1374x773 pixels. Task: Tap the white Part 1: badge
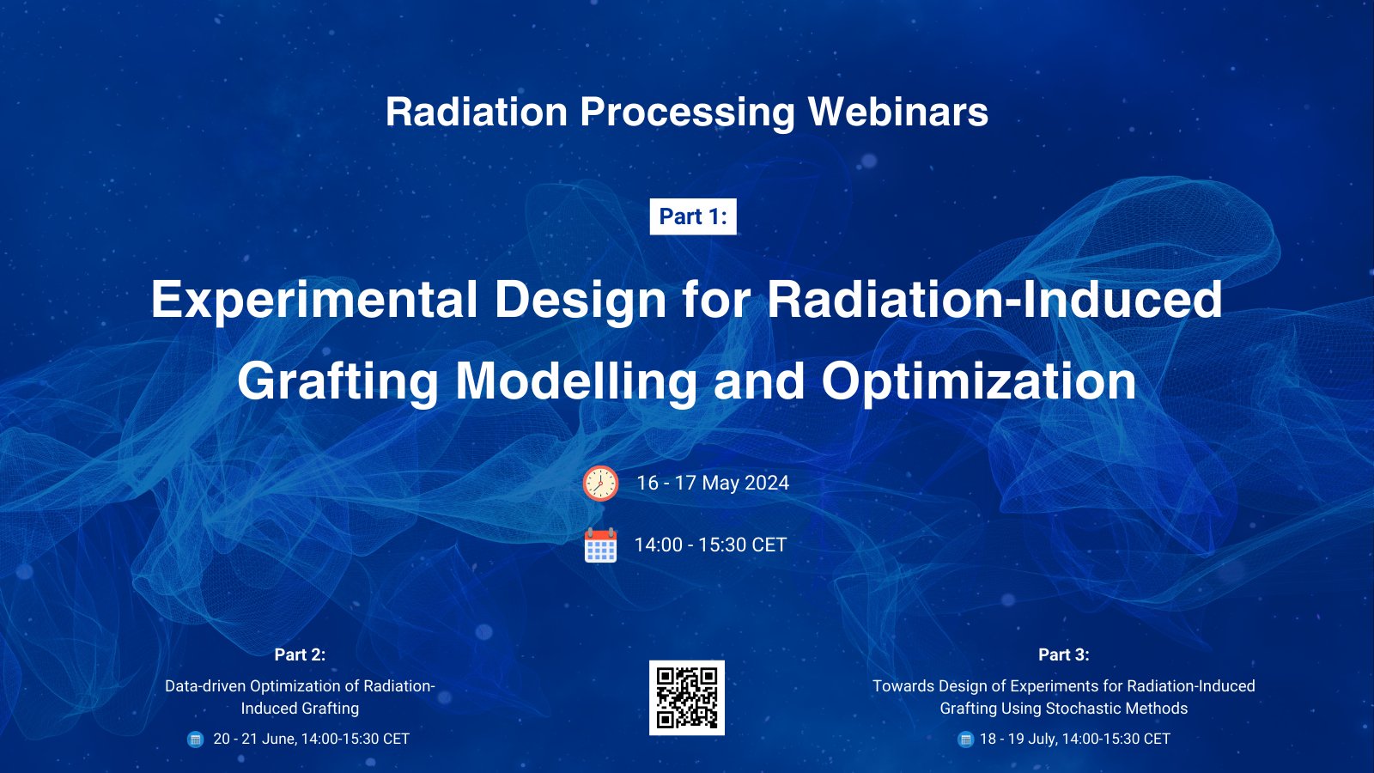693,216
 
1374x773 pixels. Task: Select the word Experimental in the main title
313,300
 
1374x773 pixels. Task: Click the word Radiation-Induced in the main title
994,300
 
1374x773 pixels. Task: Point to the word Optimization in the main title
979,381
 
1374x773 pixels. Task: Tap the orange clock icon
600,484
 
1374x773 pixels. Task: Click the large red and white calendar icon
600,545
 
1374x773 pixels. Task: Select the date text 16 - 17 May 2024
713,484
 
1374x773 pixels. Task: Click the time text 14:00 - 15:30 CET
710,545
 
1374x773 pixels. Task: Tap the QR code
687,697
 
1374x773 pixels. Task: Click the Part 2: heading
300,654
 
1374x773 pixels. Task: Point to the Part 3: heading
1063,654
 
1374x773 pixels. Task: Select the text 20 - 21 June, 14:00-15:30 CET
311,739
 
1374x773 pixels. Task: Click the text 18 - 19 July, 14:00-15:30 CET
1074,739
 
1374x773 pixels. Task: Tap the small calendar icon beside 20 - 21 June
196,739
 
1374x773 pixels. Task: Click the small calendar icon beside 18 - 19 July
965,739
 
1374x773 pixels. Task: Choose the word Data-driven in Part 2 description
204,686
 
